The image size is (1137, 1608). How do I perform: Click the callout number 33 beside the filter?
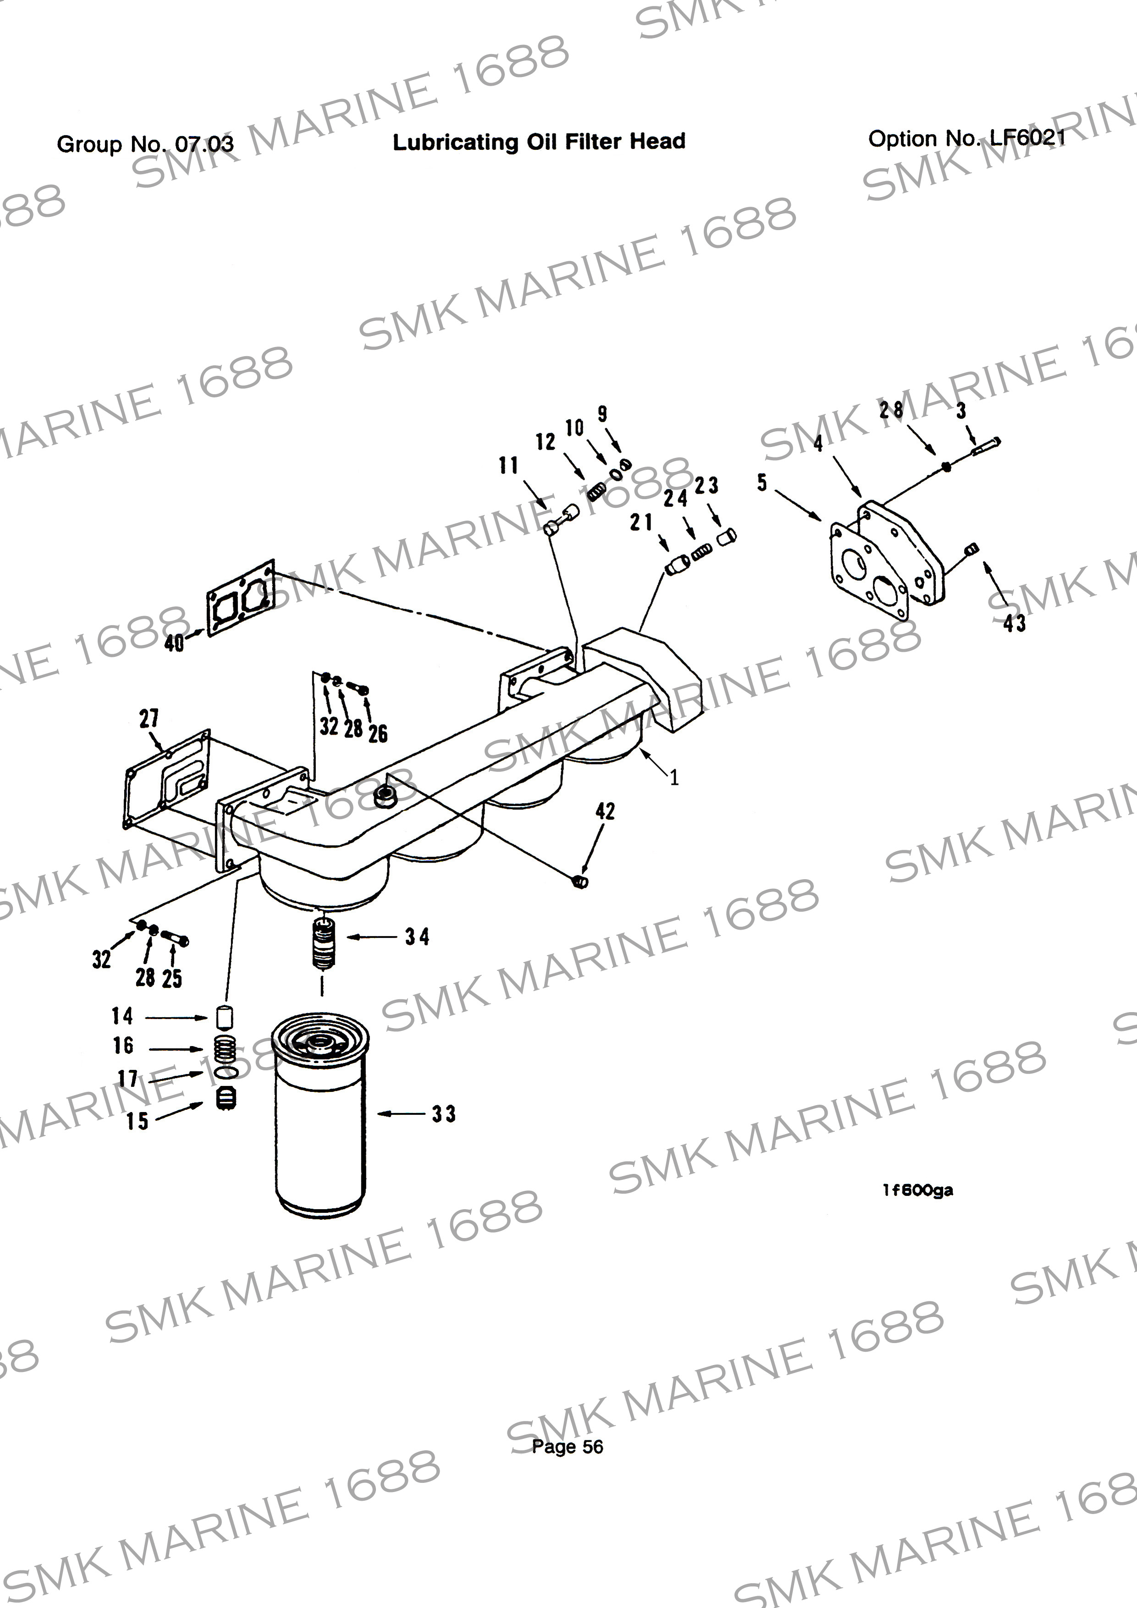443,1113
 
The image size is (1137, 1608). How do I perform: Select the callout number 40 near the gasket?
174,642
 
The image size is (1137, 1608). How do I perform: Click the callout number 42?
605,812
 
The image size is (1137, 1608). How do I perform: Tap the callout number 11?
508,465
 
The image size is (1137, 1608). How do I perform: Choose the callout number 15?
137,1121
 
